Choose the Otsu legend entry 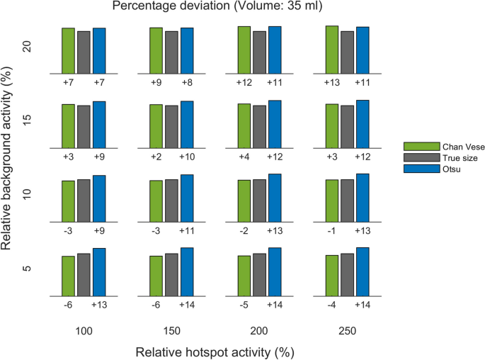tap(431, 168)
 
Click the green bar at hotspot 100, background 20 tap(68, 51)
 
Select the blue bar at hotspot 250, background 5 tap(363, 271)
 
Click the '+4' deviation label tap(244, 156)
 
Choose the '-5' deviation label tap(244, 305)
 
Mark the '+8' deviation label tap(186, 83)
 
